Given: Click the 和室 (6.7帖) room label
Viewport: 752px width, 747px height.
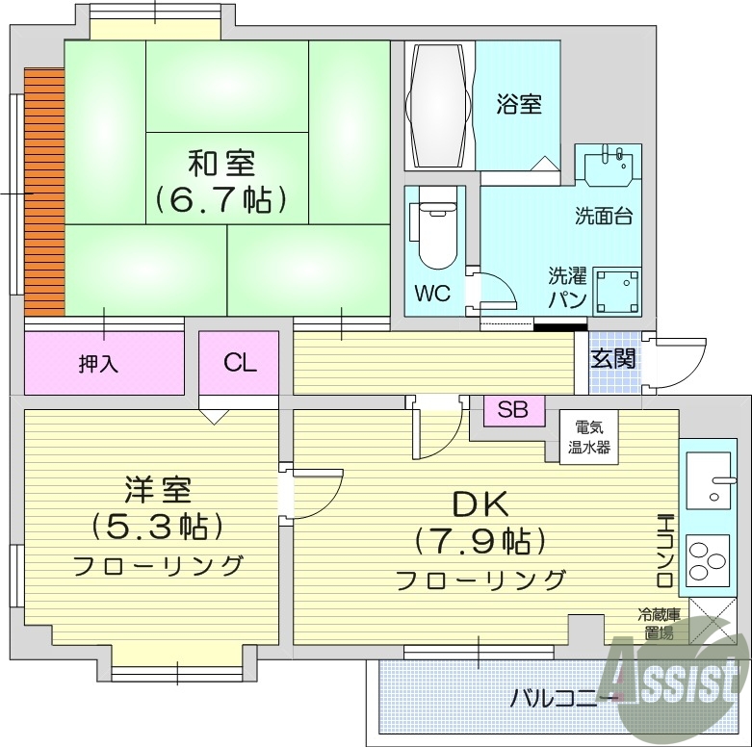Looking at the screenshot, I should [x=222, y=180].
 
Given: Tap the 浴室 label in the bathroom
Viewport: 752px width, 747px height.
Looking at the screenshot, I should [x=519, y=103].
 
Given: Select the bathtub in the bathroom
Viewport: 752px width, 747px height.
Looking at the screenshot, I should [x=438, y=105].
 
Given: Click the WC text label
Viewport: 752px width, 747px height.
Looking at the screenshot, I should [x=432, y=294].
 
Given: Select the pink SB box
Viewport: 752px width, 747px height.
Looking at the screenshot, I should [x=512, y=409].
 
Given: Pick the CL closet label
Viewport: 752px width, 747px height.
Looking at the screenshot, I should [x=240, y=362].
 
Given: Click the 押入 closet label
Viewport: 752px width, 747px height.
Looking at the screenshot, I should [x=98, y=364].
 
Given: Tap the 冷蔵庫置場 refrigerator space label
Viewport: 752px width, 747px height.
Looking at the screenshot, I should [x=660, y=623].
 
